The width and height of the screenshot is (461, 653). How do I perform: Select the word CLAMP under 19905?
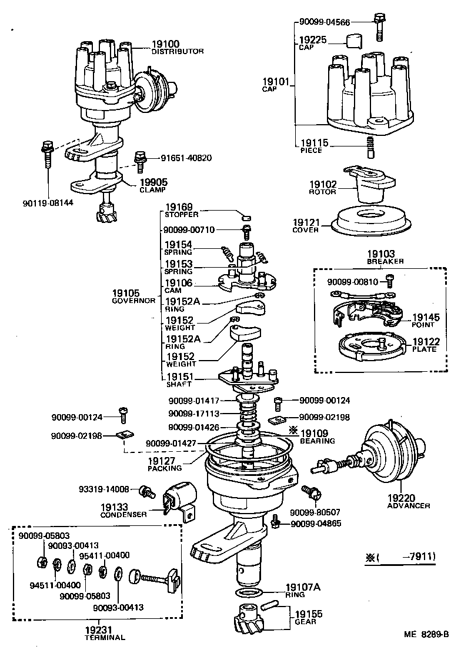coord(153,190)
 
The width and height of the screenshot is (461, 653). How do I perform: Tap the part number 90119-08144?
coord(44,202)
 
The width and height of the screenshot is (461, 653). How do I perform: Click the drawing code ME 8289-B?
coord(426,634)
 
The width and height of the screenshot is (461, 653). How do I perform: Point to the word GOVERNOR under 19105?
coord(133,301)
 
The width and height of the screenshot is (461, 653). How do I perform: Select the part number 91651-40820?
coord(186,158)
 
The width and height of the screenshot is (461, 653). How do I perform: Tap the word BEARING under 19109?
coord(318,441)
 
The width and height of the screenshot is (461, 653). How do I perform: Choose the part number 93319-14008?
coord(105,488)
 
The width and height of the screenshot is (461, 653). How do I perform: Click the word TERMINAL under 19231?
coord(105,637)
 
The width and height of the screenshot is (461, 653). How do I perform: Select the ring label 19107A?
coord(303,587)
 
